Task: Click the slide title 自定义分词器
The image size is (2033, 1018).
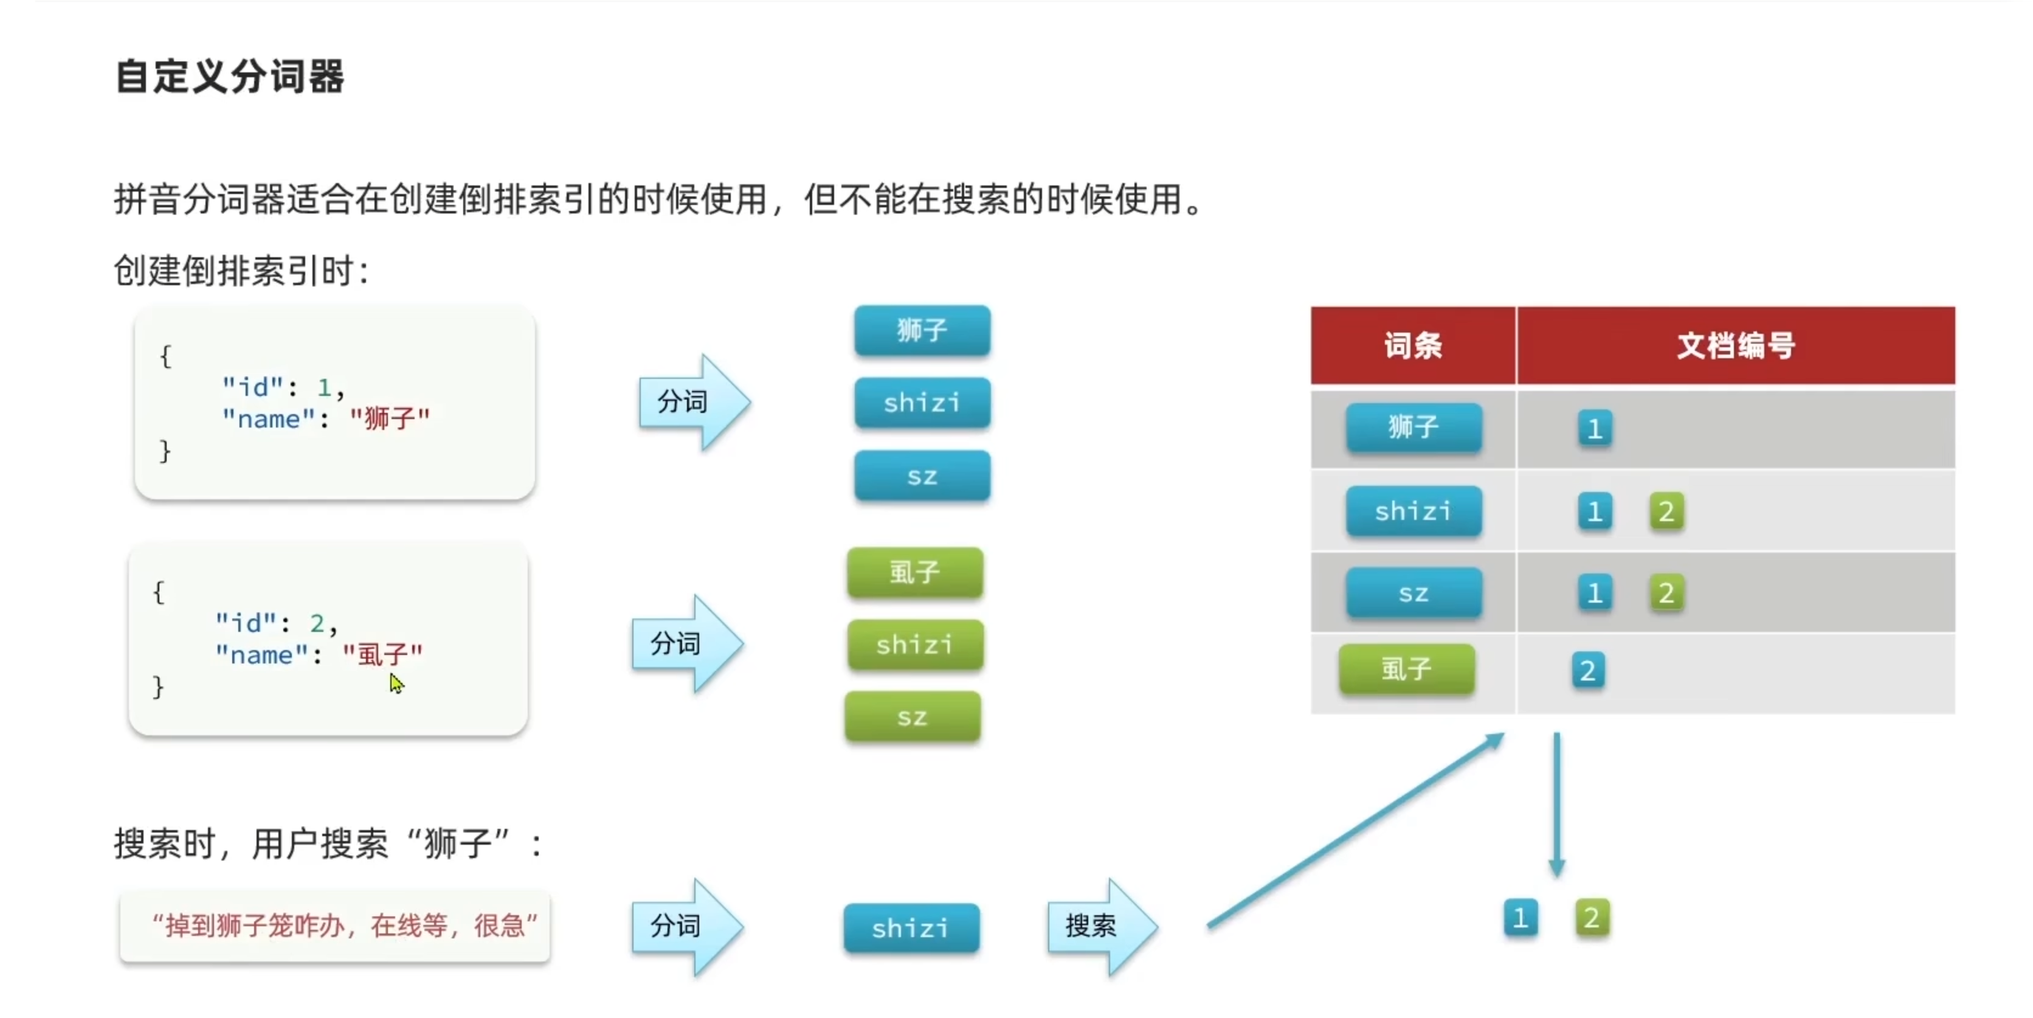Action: point(229,77)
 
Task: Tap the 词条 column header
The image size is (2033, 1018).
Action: point(1413,345)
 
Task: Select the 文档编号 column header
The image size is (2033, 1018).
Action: point(1736,345)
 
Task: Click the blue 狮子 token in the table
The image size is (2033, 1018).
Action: point(1413,427)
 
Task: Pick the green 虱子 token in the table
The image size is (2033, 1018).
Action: point(1406,669)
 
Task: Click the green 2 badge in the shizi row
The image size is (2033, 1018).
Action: point(1666,511)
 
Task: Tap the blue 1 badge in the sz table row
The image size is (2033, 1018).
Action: point(1594,593)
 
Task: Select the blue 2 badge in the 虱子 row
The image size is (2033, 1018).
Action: point(1588,671)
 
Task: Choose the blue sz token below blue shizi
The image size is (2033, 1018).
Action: point(922,476)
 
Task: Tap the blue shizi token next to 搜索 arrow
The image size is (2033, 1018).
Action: point(911,928)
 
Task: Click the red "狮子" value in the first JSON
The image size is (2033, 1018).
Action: point(390,418)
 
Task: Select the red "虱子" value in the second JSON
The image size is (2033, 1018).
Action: point(383,654)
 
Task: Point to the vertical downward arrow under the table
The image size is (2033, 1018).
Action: point(1556,805)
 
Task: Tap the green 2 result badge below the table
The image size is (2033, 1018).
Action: point(1592,918)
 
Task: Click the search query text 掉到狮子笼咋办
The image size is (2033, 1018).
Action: point(344,925)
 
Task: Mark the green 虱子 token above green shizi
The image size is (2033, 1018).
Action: point(915,572)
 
